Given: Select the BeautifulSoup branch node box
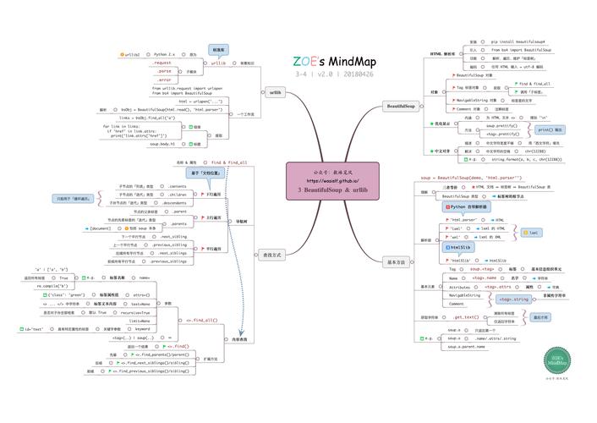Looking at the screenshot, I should tap(400, 106).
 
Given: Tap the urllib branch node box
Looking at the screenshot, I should tap(276, 92).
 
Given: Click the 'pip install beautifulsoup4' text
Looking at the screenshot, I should tap(518, 41).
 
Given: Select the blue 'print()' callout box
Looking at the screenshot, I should tap(550, 129).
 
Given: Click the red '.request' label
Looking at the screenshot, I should tap(162, 63).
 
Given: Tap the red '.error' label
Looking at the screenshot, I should tap(162, 80).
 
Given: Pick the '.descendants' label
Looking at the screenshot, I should tap(175, 203).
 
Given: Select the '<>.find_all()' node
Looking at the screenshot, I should tap(201, 321).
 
